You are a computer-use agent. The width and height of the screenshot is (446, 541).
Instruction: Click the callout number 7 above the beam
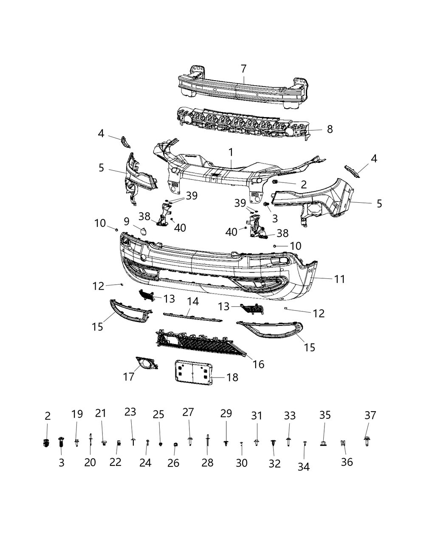coord(243,68)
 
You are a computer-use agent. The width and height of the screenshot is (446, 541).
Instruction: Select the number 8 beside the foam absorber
coord(330,129)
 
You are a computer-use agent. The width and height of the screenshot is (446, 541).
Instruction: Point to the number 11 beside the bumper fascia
coord(339,279)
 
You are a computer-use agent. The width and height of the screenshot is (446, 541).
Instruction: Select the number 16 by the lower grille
coord(258,364)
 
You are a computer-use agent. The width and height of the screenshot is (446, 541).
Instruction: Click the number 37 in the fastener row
coord(370,415)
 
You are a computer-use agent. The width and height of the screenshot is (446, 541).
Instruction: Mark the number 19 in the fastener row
coord(77,414)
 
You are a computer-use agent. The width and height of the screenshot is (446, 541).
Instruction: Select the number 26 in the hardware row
coord(173,463)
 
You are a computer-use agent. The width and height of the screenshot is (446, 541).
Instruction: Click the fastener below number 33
coord(288,442)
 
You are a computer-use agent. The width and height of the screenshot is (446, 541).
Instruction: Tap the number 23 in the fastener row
coord(130,412)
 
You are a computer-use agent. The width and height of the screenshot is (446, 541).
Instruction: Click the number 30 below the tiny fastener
coord(241,463)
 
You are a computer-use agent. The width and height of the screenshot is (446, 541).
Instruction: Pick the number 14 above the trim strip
coord(193,302)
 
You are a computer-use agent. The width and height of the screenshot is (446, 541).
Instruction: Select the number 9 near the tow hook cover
coord(127,221)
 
